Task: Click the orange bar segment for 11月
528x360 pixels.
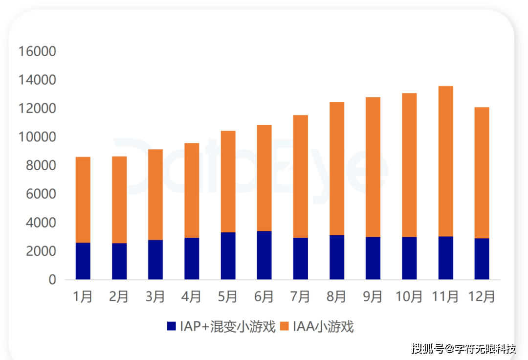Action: [445, 161]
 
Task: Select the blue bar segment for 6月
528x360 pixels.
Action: [264, 255]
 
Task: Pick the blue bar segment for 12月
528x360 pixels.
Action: [482, 259]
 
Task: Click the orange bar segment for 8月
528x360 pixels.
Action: [337, 168]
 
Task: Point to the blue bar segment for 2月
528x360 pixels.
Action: [119, 261]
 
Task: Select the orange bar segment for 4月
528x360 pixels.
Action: [192, 190]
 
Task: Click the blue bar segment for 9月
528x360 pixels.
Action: [373, 258]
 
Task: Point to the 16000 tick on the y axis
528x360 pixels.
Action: [37, 51]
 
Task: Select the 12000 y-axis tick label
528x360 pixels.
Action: [37, 109]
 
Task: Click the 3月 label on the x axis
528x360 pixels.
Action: [155, 296]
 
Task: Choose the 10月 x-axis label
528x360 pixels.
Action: [409, 296]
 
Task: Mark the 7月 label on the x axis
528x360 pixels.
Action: [300, 296]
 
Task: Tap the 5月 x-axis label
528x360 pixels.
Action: [228, 296]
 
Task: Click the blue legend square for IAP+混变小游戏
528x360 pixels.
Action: [172, 326]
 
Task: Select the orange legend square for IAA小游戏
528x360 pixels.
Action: [285, 326]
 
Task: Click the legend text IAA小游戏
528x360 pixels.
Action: [323, 326]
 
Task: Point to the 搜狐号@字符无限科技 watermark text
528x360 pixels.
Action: [463, 349]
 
